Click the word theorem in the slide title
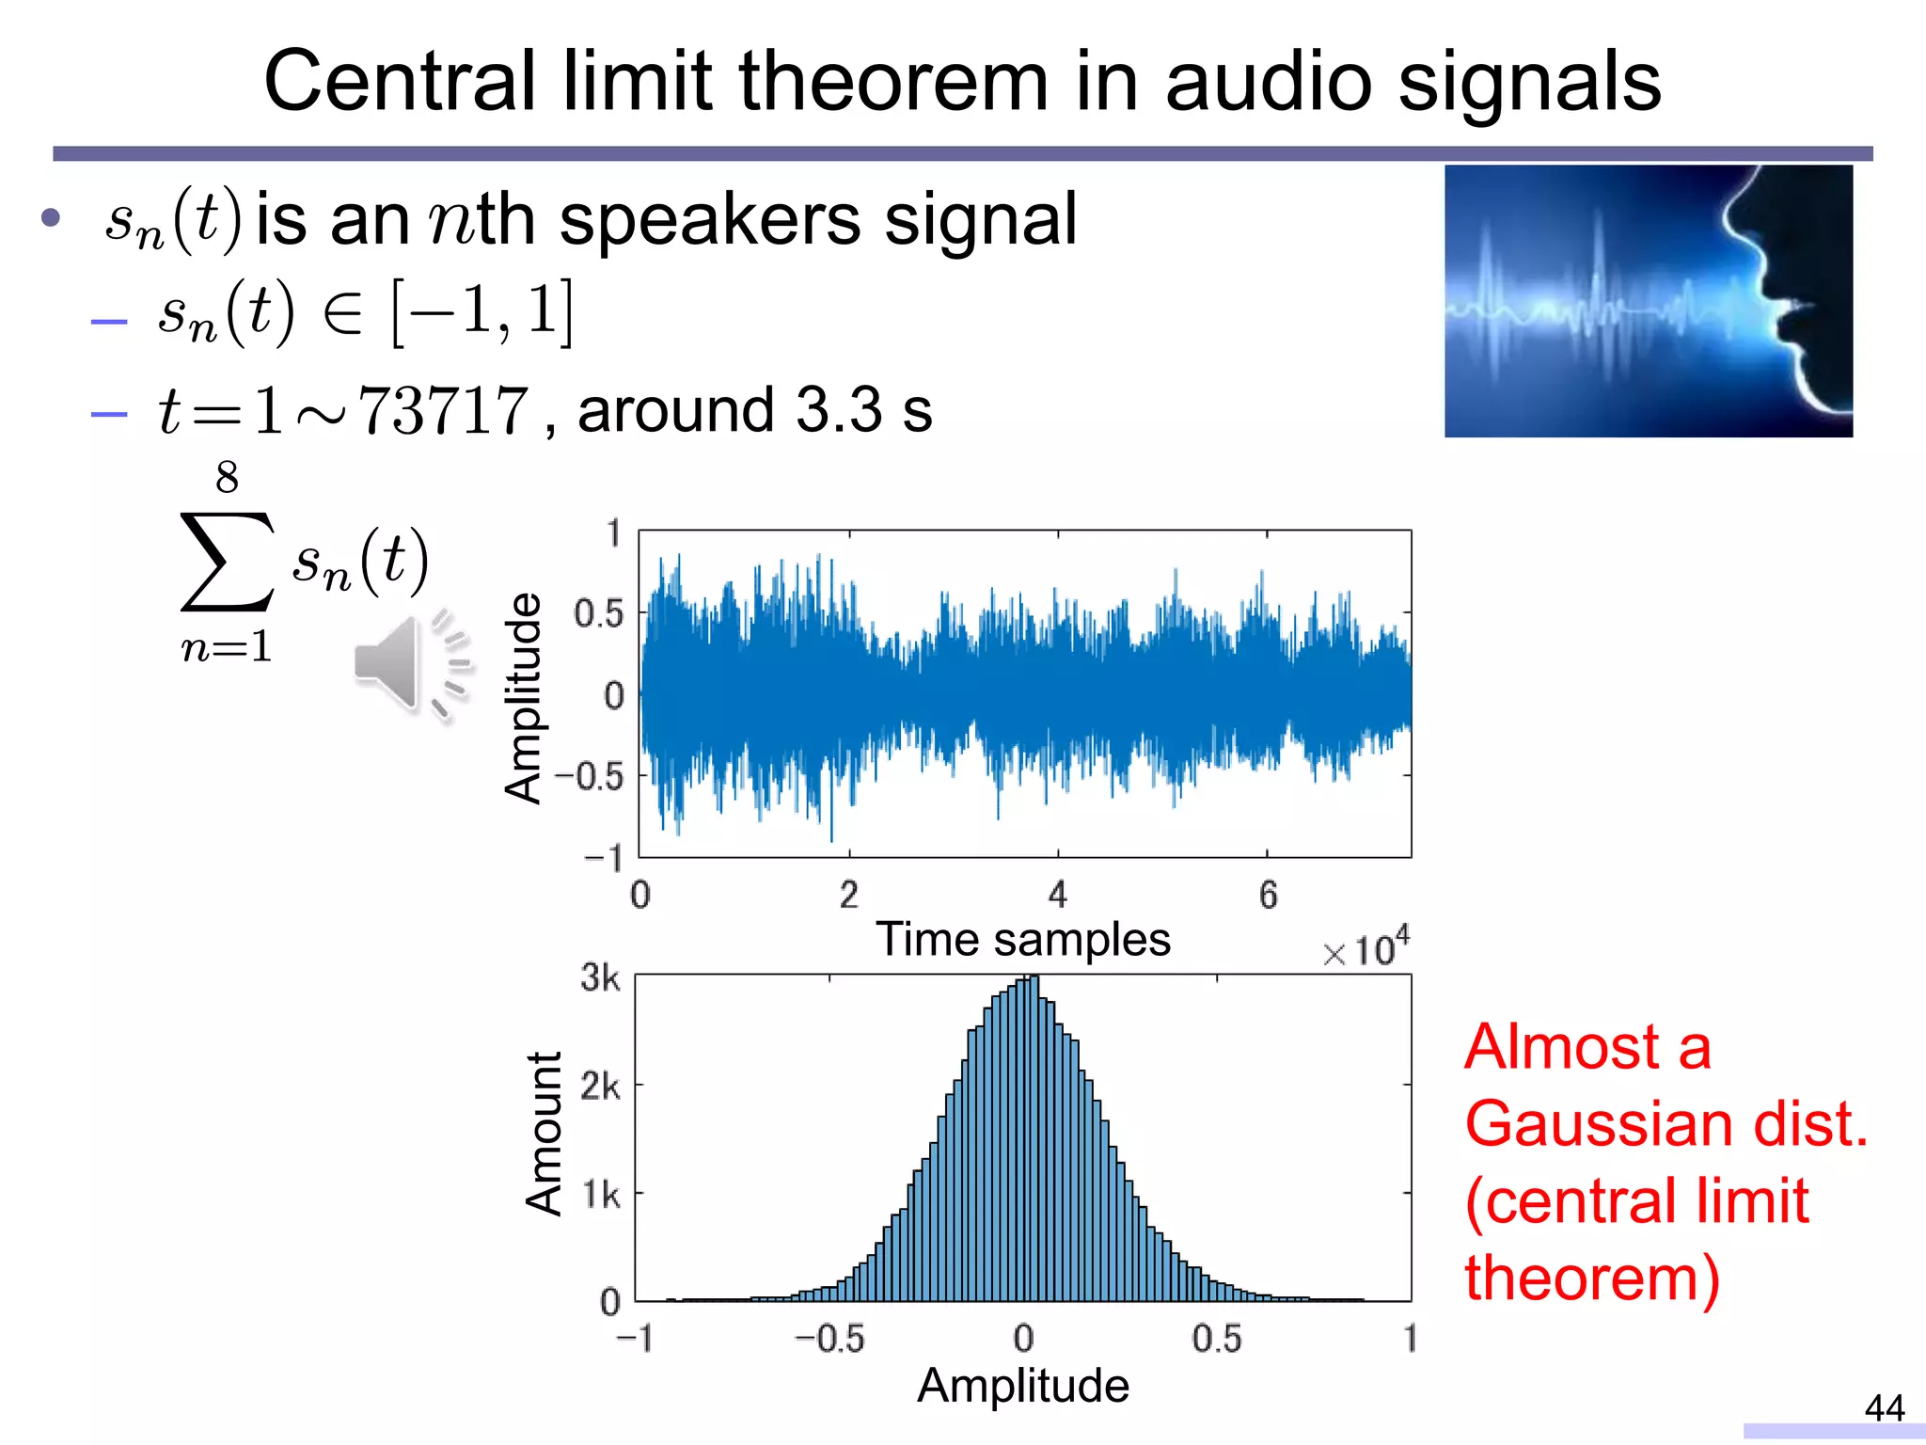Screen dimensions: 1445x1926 (892, 83)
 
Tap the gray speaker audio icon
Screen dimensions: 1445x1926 (411, 664)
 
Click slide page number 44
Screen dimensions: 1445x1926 (1884, 1408)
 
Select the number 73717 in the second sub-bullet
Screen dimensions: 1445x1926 (444, 412)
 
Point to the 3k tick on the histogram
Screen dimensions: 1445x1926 (600, 977)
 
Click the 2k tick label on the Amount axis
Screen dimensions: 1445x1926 (600, 1087)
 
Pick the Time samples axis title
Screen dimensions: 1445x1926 (1022, 939)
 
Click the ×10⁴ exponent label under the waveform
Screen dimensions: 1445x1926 (1366, 949)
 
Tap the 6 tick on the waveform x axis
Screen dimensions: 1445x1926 (1268, 895)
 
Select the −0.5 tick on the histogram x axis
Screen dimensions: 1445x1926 (829, 1339)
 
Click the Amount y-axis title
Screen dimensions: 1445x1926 (545, 1134)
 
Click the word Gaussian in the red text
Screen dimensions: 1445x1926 (1598, 1124)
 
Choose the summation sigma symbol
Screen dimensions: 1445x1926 (227, 562)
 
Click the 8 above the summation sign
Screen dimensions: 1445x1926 (227, 478)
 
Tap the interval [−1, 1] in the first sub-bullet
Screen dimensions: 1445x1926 (481, 313)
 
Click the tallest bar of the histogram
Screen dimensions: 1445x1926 (1033, 1138)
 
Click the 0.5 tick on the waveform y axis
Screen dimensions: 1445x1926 (599, 614)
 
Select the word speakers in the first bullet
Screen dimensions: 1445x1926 (709, 220)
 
